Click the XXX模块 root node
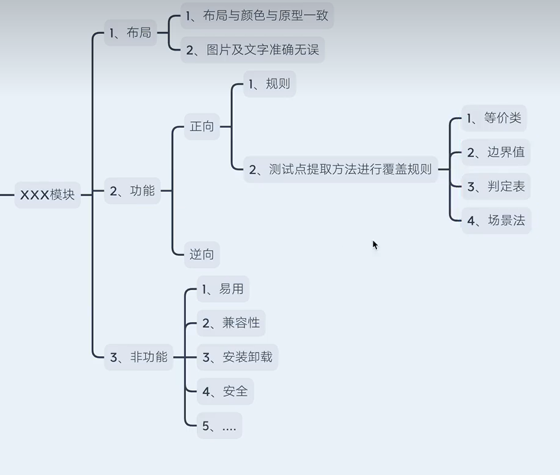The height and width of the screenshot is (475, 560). (x=48, y=194)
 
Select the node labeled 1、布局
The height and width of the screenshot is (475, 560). (x=130, y=33)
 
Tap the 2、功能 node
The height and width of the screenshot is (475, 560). (x=132, y=191)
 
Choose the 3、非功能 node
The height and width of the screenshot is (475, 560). (x=138, y=357)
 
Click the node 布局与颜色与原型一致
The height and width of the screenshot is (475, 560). (x=257, y=16)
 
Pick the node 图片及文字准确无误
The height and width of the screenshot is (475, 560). (x=252, y=50)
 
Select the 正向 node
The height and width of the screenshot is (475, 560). (x=202, y=127)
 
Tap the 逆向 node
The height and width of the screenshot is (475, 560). (x=202, y=255)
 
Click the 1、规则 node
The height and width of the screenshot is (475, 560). (x=270, y=84)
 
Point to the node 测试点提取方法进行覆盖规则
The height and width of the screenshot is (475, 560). (x=340, y=169)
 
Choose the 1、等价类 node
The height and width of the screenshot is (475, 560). (x=493, y=118)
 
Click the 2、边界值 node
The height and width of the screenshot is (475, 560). (x=495, y=152)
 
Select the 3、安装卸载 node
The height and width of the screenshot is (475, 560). (x=237, y=357)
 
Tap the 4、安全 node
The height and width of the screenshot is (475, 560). (x=225, y=391)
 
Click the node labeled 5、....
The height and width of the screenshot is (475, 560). (x=219, y=426)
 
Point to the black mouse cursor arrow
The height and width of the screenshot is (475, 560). (x=375, y=244)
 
